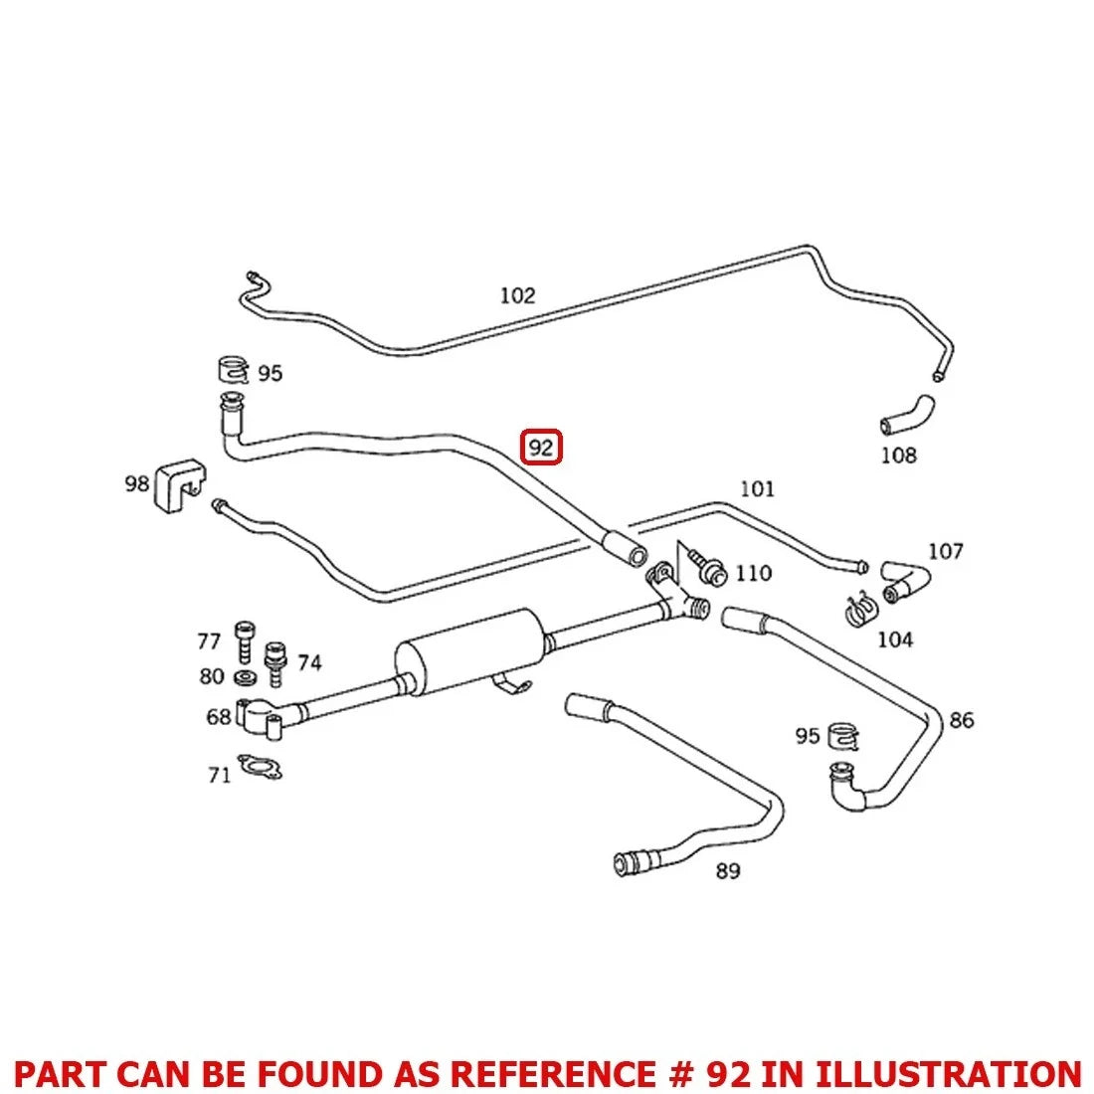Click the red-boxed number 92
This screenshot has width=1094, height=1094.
(x=541, y=448)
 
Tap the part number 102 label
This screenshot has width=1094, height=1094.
(x=517, y=295)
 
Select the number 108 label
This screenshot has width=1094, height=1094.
(x=898, y=456)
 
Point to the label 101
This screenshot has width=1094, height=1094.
(x=757, y=489)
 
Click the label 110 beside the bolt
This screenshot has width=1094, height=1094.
(x=754, y=574)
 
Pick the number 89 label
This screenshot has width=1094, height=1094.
(x=728, y=871)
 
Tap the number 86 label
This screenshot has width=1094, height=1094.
(x=962, y=720)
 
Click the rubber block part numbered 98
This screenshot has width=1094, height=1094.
(x=180, y=485)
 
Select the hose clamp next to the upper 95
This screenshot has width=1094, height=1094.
(x=233, y=369)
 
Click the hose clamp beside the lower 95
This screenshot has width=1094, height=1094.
(x=842, y=737)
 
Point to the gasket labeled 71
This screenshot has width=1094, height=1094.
(x=260, y=767)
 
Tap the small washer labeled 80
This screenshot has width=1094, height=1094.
(x=245, y=676)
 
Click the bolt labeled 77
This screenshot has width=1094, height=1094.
(x=245, y=641)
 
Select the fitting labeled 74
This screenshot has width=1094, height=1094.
(x=275, y=662)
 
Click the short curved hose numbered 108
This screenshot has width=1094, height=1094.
(x=907, y=415)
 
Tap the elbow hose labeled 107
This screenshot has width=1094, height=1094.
(x=905, y=582)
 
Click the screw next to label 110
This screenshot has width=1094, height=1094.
(x=707, y=566)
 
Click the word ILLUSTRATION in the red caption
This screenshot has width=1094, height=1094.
(x=948, y=1073)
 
